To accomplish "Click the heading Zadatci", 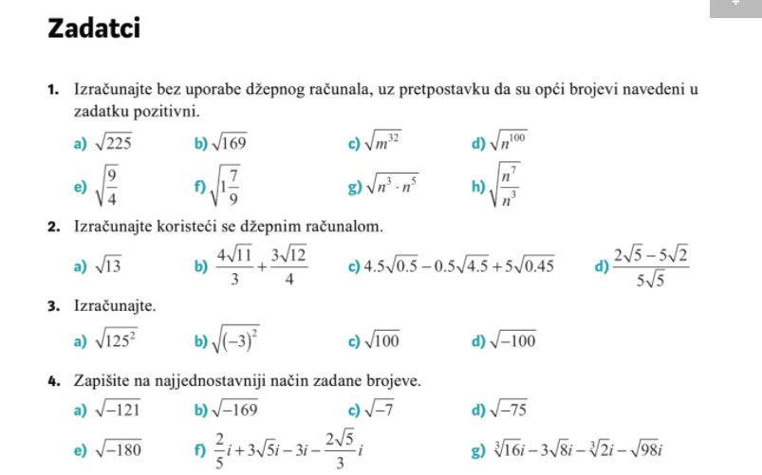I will (93, 29).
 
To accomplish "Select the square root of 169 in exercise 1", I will (230, 144).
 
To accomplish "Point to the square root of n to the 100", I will (509, 143).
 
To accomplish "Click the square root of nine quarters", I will (108, 186).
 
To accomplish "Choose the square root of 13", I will (105, 266).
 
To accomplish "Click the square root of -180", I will (115, 449).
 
